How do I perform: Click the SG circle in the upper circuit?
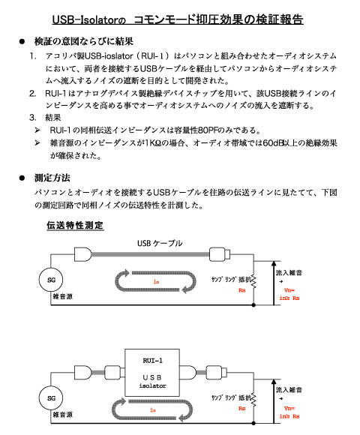click(51, 280)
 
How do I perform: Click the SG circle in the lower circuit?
click(51, 397)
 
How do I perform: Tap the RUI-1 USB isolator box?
click(152, 373)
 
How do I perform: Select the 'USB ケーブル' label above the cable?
click(160, 243)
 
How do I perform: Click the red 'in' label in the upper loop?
click(156, 281)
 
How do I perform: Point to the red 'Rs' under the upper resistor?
click(241, 290)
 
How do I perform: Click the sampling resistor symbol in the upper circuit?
click(253, 282)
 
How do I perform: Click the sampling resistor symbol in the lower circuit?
click(253, 400)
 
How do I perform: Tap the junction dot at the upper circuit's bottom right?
click(253, 305)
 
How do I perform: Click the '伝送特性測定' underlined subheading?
click(75, 225)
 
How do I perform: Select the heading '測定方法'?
click(52, 178)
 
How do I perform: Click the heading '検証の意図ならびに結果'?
click(84, 41)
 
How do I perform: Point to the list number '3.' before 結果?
click(33, 117)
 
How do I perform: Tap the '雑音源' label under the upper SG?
click(63, 296)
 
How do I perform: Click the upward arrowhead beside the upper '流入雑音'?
click(274, 264)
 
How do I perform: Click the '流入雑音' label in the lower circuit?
click(289, 390)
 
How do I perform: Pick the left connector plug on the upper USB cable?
click(83, 254)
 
